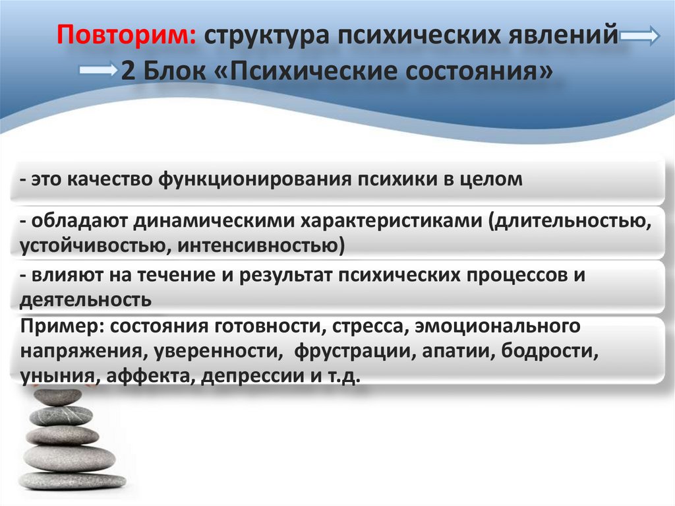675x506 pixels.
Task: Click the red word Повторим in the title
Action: point(125,34)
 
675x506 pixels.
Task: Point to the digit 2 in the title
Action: point(128,69)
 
